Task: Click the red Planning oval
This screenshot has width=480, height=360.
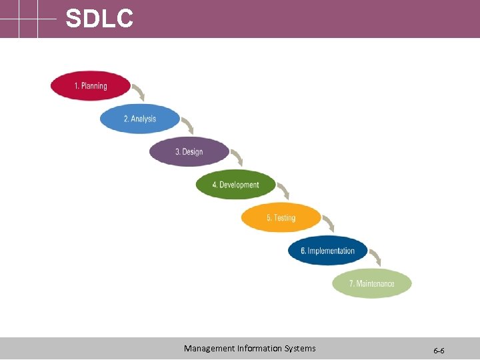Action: point(91,86)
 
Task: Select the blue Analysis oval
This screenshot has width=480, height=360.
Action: point(140,119)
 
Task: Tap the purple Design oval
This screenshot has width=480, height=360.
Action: point(189,152)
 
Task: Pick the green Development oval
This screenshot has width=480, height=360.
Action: point(235,185)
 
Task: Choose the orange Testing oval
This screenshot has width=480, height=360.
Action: point(281,218)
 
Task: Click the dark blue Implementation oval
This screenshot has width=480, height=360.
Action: point(328,251)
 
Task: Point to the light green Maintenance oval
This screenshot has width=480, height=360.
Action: point(372,284)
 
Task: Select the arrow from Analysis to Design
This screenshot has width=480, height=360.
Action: point(188,125)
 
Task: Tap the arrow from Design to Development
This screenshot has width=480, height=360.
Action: point(237,158)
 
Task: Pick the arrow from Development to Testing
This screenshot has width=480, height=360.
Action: point(283,191)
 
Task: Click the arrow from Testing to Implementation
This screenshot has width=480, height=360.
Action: point(329,224)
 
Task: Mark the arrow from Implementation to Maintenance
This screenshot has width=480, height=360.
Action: point(375,257)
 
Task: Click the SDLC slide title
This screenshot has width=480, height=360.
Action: point(99,19)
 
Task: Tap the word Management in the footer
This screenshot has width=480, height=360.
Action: point(209,348)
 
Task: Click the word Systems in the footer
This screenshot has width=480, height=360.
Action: point(299,348)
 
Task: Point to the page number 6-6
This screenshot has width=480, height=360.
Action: point(439,350)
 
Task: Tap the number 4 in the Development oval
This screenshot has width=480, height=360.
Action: point(215,185)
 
